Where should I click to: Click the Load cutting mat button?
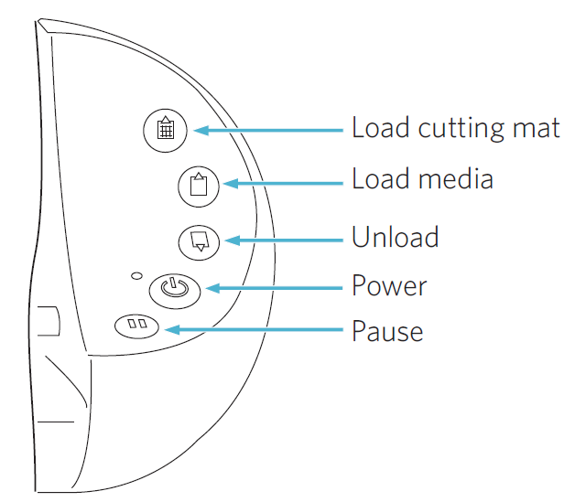[x=166, y=129]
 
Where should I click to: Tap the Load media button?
[x=198, y=185]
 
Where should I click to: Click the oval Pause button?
[x=136, y=326]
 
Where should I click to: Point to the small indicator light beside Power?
[x=136, y=275]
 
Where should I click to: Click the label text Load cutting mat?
[x=455, y=127]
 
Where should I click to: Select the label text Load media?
[x=422, y=179]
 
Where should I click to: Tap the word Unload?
[x=395, y=238]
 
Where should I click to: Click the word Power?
[x=389, y=286]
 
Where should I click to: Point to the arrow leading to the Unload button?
[x=284, y=240]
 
